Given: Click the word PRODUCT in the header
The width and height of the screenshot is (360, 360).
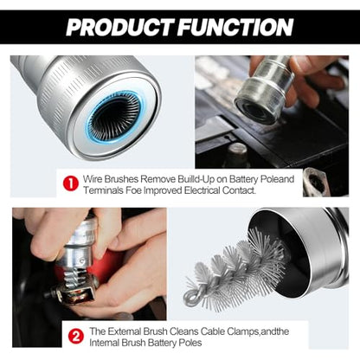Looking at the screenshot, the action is pyautogui.click(x=119, y=27).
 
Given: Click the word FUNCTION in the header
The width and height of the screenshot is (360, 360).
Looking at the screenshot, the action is pyautogui.click(x=235, y=27).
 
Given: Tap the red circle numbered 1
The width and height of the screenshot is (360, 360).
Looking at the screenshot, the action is pyautogui.click(x=70, y=183).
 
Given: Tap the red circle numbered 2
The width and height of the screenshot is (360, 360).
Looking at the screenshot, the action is pyautogui.click(x=76, y=337).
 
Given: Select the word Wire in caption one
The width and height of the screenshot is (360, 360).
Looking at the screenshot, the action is pyautogui.click(x=93, y=179).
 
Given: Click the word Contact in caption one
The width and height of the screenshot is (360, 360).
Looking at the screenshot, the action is pyautogui.click(x=239, y=190).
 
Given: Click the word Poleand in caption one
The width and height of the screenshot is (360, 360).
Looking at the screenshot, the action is pyautogui.click(x=277, y=179).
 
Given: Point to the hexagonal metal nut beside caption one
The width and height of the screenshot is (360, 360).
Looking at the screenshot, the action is pyautogui.click(x=317, y=182).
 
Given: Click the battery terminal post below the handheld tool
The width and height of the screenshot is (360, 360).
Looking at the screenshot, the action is pyautogui.click(x=237, y=153).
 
